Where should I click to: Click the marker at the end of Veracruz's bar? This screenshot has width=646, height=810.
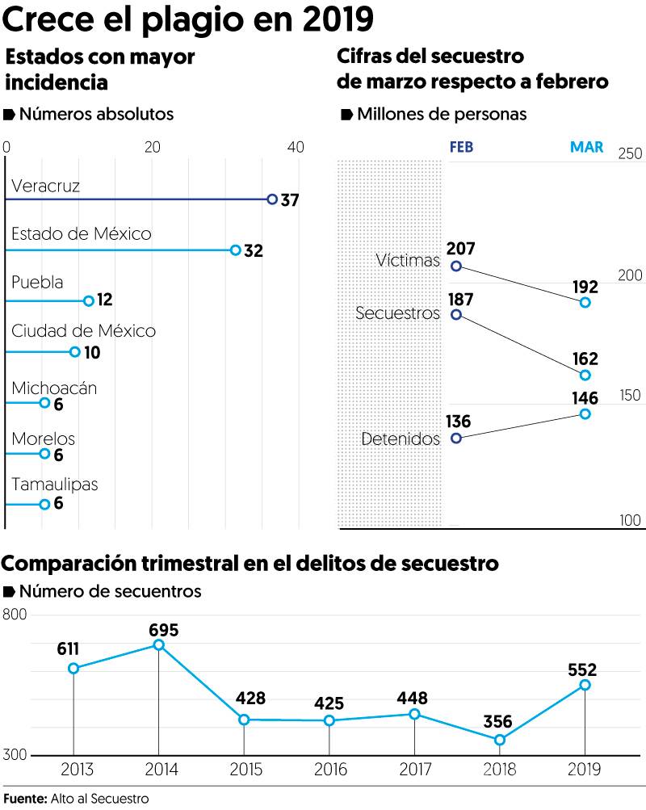(x=272, y=199)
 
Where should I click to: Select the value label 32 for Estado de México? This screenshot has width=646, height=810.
(x=254, y=250)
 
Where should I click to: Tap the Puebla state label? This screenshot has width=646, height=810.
(x=37, y=283)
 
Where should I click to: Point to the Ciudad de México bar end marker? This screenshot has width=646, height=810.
(x=75, y=351)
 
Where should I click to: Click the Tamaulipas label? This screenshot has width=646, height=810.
(x=54, y=485)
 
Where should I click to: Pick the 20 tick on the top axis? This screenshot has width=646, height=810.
(x=152, y=147)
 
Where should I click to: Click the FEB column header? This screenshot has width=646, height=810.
(x=461, y=147)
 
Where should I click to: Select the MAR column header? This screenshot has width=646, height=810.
(x=586, y=147)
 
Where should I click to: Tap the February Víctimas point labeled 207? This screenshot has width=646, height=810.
(x=456, y=266)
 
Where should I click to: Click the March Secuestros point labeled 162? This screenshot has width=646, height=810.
(x=585, y=375)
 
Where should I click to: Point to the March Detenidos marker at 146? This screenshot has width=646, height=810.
(x=585, y=413)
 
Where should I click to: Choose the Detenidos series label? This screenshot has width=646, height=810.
(x=401, y=439)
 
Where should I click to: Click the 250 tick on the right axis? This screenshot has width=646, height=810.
(x=630, y=154)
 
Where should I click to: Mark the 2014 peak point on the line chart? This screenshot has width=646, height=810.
(x=159, y=644)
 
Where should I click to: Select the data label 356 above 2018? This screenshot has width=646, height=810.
(x=499, y=721)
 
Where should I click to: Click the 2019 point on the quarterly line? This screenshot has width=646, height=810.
(x=585, y=685)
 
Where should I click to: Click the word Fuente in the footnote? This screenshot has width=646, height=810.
(x=24, y=799)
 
